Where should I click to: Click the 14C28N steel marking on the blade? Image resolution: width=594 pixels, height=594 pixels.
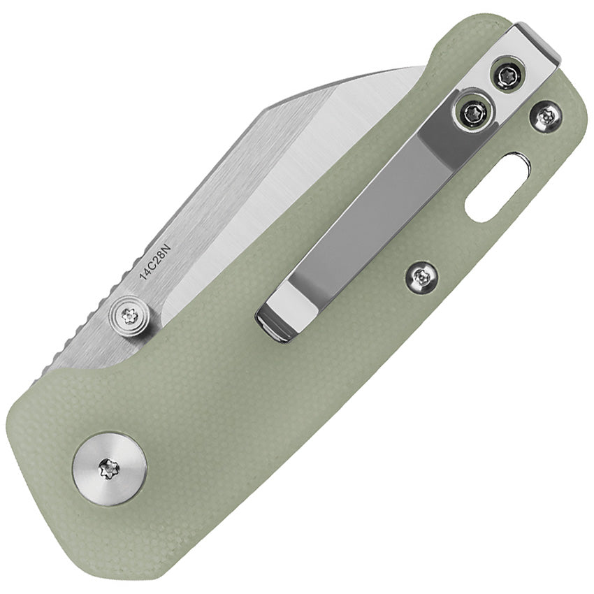155,259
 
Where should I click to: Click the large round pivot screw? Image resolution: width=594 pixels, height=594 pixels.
110,468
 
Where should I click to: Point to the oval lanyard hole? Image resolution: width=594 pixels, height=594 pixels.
497,188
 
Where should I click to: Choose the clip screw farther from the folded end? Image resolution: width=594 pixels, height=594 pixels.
475,112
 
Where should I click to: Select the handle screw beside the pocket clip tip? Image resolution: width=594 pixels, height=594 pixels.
422,278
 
